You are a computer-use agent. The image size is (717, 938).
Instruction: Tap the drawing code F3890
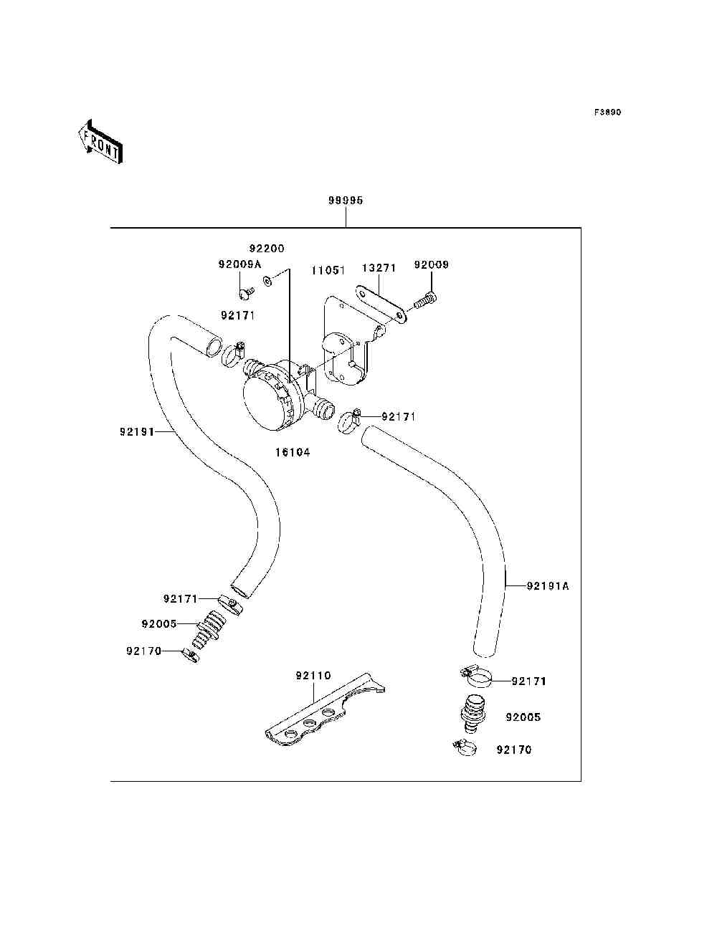coord(607,113)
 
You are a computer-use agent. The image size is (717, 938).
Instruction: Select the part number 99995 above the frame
coord(346,201)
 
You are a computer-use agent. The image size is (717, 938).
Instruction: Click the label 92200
coord(267,249)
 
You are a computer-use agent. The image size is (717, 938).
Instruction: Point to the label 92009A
coord(239,264)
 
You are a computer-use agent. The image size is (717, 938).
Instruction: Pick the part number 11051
coord(328,270)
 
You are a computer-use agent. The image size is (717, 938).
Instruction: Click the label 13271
coord(379,268)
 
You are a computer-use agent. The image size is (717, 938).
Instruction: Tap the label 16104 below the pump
coord(293,452)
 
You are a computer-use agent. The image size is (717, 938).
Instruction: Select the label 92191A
coord(548,586)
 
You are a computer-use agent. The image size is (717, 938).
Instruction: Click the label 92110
coord(313,676)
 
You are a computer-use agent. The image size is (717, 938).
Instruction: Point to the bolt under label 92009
coord(426,302)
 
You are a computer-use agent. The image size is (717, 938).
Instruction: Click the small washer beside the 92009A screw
coord(268,281)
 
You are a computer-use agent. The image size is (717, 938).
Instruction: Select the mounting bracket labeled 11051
coord(346,340)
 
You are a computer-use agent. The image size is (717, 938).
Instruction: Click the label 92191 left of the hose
coord(137,432)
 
